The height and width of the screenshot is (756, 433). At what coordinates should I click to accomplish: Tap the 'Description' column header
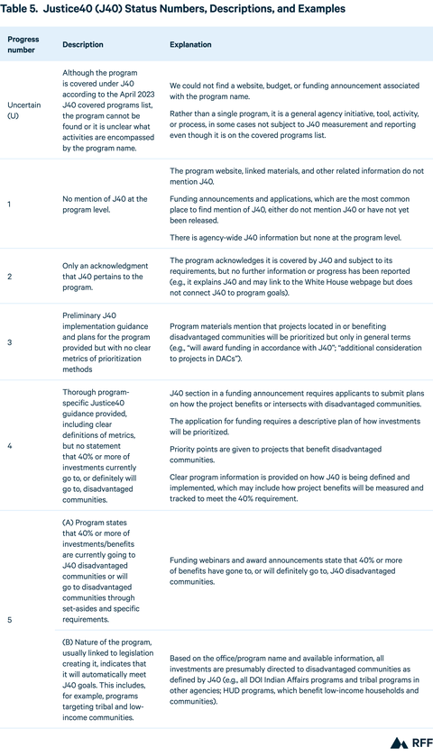click(x=83, y=44)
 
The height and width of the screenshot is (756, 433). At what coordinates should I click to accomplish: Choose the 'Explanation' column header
click(x=190, y=44)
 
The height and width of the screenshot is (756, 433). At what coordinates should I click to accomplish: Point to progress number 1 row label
click(x=9, y=205)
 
